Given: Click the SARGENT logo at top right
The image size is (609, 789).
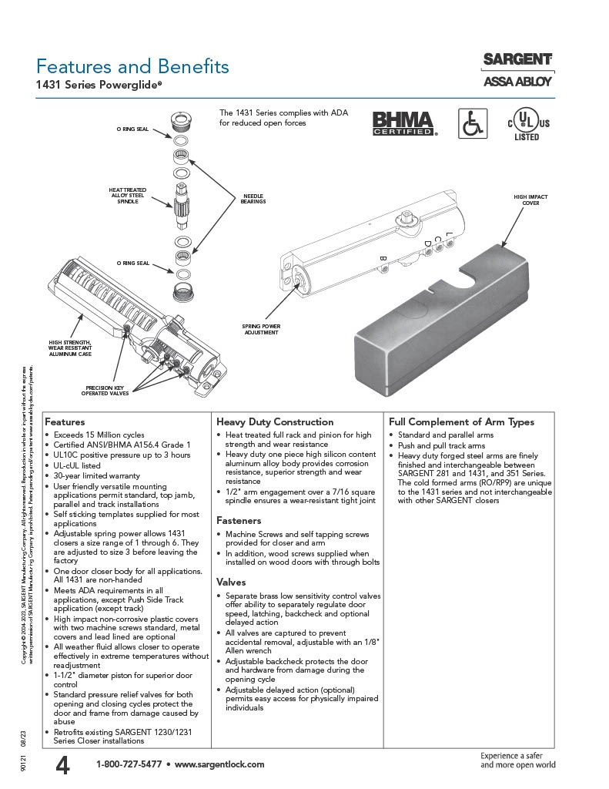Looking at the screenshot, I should (517, 59).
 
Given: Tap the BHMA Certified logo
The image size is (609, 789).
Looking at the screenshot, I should (404, 123).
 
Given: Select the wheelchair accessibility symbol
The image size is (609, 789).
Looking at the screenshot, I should (473, 123).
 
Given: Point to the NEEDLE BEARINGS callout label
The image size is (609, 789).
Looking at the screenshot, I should (254, 199).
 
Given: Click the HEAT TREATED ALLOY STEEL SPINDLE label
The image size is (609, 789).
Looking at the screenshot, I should (128, 195).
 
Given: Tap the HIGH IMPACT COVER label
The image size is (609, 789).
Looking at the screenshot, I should (530, 200).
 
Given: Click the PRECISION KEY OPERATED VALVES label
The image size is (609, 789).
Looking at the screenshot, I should (106, 391).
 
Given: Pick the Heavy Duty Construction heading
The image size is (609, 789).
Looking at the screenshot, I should (275, 422).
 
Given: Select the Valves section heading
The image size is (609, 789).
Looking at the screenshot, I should (231, 582).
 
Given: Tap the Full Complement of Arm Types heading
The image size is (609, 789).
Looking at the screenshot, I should (461, 422).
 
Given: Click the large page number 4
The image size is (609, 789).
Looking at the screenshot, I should (63, 765).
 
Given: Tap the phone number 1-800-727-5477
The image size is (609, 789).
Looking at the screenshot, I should (129, 764).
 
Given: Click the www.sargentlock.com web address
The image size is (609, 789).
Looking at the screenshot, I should (219, 764).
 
